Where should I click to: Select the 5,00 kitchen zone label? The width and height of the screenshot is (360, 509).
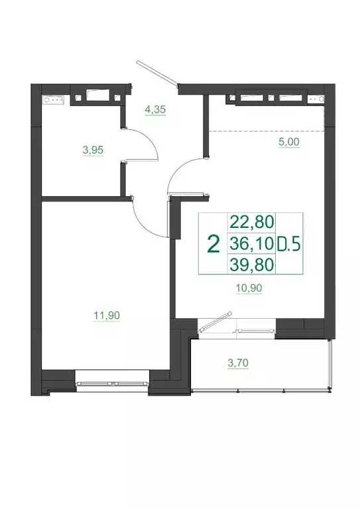pyautogui.click(x=288, y=141)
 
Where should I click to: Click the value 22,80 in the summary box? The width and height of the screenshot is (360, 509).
pyautogui.click(x=251, y=221)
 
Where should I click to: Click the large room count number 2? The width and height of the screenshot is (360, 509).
pyautogui.click(x=213, y=244)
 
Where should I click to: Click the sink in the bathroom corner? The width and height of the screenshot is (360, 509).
pyautogui.click(x=52, y=101)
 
